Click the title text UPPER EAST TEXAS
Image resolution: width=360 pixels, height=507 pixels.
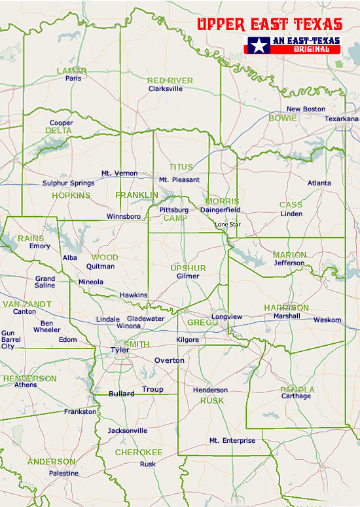pos(270,25)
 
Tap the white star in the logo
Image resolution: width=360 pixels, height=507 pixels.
pos(259,46)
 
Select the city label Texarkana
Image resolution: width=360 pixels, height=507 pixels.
pos(342,119)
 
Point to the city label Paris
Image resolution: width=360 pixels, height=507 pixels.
pos(73,78)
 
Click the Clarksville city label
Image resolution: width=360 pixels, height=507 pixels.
pos(166,88)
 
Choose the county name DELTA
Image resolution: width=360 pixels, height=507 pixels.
pos(58,130)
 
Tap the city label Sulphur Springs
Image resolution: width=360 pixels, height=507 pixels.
pos(68,183)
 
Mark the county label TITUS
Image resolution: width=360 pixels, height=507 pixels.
pos(181,167)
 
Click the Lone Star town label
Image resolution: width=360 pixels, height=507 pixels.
pos(228,225)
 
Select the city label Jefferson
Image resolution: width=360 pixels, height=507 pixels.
pos(289,263)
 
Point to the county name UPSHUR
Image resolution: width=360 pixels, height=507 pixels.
pos(188,268)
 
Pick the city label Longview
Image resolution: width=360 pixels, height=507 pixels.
pos(226,317)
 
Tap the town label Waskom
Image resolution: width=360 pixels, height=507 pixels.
pos(327,320)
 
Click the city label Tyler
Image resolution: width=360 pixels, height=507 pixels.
pos(120,350)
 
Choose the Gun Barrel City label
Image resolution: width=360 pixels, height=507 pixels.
pos(8,339)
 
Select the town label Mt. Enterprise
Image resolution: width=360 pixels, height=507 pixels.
pos(232,441)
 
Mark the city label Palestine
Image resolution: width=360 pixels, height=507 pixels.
pos(63,473)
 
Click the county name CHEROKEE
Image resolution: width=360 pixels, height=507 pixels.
pos(139,452)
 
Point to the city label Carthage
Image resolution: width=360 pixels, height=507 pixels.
pos(296,396)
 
